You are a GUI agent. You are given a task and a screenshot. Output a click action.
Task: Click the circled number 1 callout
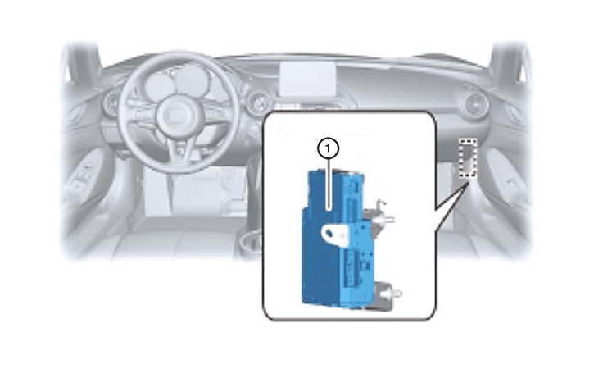[x=328, y=149]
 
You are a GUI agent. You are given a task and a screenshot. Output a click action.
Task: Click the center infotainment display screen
[x=307, y=79]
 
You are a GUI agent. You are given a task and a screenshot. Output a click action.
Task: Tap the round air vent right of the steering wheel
[x=259, y=102]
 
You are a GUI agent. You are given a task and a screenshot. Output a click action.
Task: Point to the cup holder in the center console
[x=250, y=242]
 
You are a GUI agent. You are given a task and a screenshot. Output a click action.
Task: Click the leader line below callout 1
[x=329, y=184]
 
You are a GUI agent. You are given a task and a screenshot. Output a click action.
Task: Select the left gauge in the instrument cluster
[x=157, y=85]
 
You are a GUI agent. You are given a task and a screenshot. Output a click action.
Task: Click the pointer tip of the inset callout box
[x=468, y=181]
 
